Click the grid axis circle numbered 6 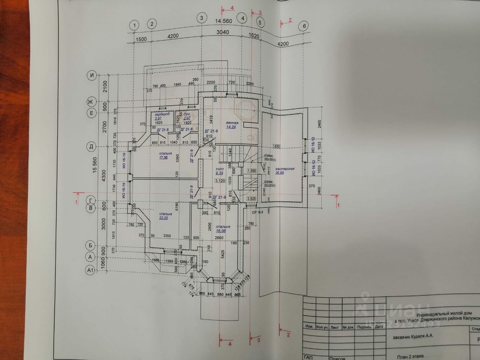coord(304,26)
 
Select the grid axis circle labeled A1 coord(90,271)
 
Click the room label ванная coord(232,123)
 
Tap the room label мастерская coord(285,169)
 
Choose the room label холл coord(219,169)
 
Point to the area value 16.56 coord(220,231)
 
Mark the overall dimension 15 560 coord(95,168)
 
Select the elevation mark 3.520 coord(252,198)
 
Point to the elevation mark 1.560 coord(252,171)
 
